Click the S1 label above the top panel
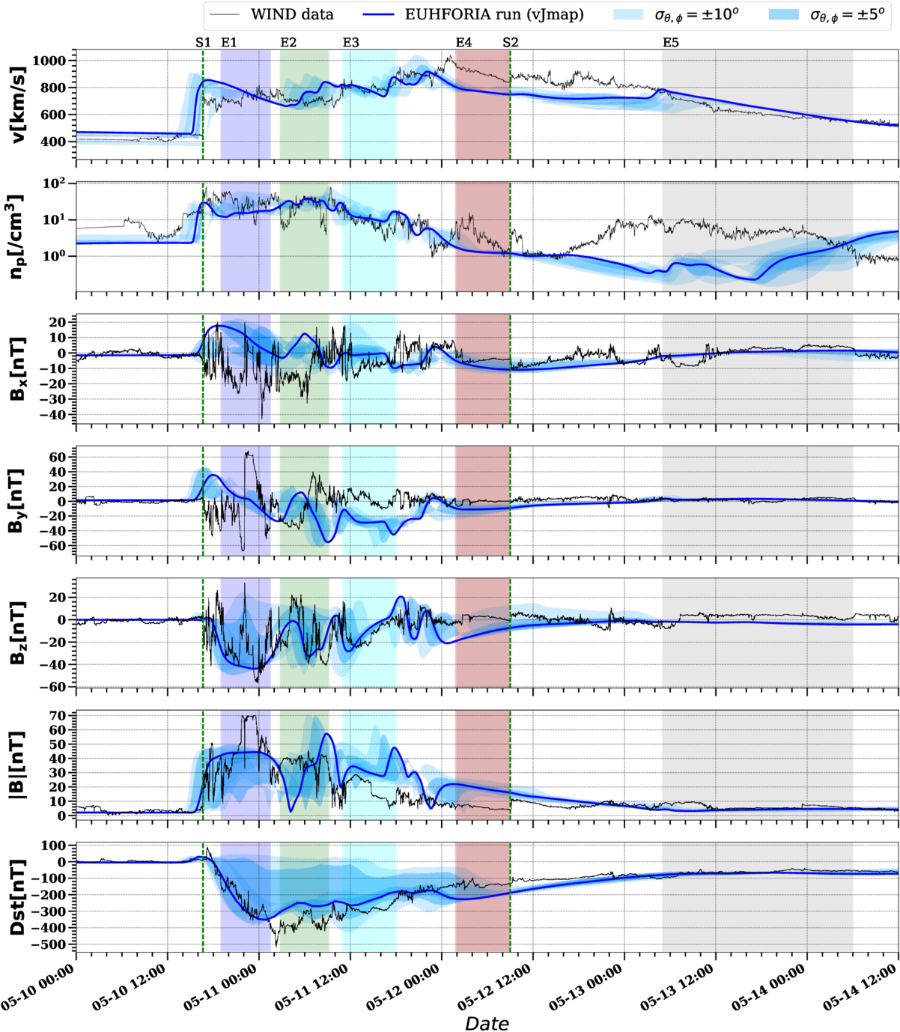203,43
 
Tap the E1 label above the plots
228,43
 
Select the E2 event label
288,43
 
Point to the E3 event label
350,43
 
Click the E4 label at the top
463,43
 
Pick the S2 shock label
510,43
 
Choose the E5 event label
671,43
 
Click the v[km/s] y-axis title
18,104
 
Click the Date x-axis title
487,1019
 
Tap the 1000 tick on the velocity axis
49,61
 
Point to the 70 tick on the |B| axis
58,716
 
